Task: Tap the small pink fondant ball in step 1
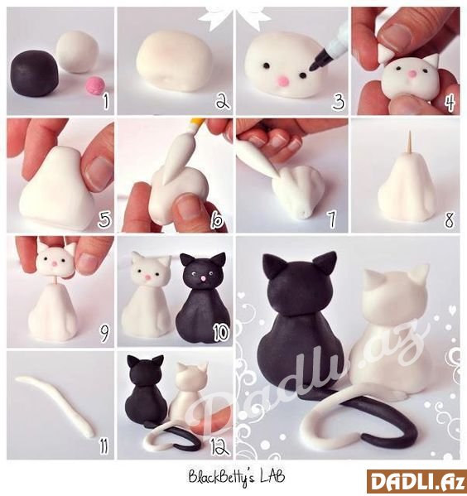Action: [x=96, y=86]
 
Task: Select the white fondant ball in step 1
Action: [x=78, y=52]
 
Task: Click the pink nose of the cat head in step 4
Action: [x=412, y=74]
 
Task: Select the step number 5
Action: [x=104, y=219]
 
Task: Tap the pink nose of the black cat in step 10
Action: [x=202, y=279]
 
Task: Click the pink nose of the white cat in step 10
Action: [x=147, y=277]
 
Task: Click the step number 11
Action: [x=104, y=445]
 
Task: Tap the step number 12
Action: [x=219, y=446]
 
